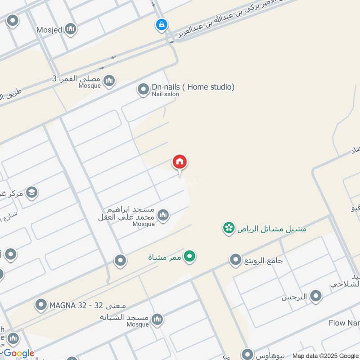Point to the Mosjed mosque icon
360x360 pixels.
(x=70, y=30)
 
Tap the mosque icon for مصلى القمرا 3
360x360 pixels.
(x=109, y=81)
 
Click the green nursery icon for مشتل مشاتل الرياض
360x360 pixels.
(x=229, y=228)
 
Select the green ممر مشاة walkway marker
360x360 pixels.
(x=191, y=257)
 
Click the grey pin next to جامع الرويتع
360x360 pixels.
(x=235, y=260)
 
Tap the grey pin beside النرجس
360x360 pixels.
(x=316, y=296)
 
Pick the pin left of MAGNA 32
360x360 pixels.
(x=41, y=306)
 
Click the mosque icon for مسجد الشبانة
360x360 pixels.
(x=157, y=320)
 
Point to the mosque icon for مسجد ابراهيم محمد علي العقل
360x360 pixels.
(x=163, y=215)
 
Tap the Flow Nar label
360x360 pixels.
(x=343, y=323)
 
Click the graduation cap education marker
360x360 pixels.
(x=31, y=193)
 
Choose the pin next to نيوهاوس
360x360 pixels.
(x=247, y=354)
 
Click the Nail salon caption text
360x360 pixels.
(x=165, y=94)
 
